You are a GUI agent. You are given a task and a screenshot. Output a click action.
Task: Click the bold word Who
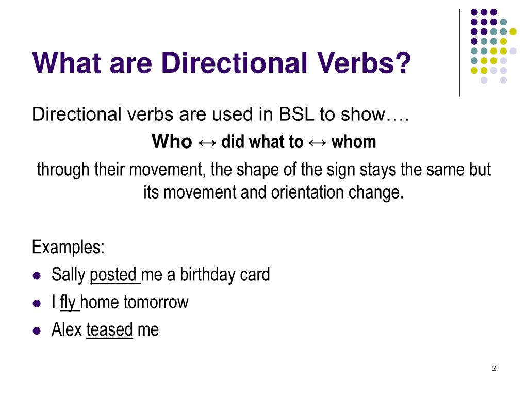[172, 142]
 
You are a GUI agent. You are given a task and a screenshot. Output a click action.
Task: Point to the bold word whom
[354, 142]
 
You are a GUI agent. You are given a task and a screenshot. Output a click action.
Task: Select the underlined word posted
[114, 275]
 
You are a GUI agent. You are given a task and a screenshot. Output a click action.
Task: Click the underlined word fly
[69, 302]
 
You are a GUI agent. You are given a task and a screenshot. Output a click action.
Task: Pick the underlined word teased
[110, 329]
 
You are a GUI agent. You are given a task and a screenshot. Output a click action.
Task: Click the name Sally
[68, 275]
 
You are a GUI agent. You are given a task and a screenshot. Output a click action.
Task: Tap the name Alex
[67, 329]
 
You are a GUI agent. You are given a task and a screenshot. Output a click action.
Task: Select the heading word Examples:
[68, 247]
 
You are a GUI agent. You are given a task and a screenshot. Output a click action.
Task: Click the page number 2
[494, 368]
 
